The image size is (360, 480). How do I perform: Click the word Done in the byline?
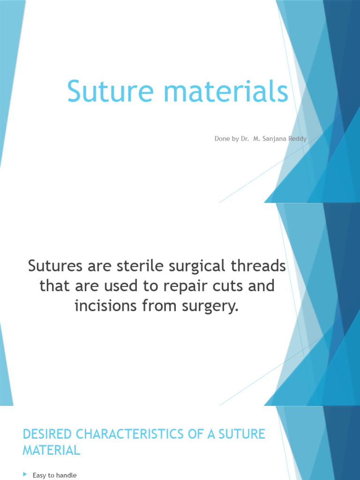pyautogui.click(x=222, y=139)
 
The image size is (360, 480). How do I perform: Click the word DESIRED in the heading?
pyautogui.click(x=47, y=434)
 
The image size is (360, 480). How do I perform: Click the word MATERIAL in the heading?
pyautogui.click(x=52, y=450)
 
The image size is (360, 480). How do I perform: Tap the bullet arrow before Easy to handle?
pyautogui.click(x=25, y=475)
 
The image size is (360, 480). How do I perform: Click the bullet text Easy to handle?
pyautogui.click(x=54, y=475)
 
